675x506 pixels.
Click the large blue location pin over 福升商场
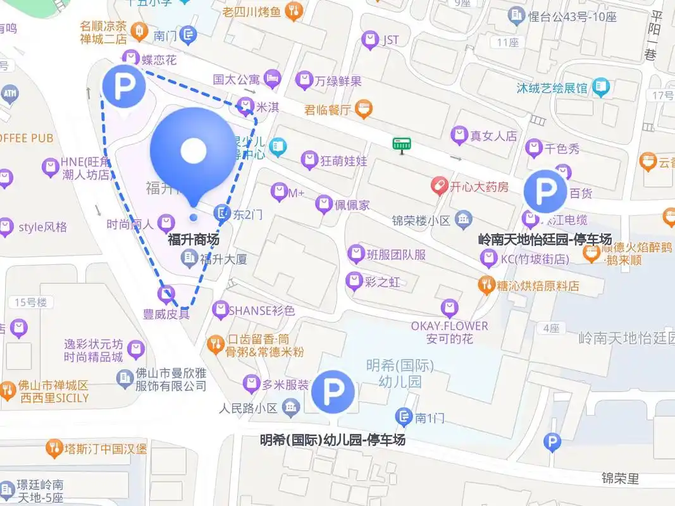193,152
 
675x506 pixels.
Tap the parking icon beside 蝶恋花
124,87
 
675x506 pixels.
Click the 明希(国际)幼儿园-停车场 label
333,440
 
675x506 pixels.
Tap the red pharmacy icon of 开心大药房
439,186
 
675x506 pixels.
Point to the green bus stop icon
399,145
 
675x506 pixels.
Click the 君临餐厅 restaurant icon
362,109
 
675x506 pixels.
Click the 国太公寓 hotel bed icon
272,79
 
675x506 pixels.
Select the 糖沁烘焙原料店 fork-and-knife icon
486,285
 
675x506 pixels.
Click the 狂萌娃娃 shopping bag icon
309,160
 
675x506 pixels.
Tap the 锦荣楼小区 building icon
464,220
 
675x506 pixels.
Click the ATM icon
9,94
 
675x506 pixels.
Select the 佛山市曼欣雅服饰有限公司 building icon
125,378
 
